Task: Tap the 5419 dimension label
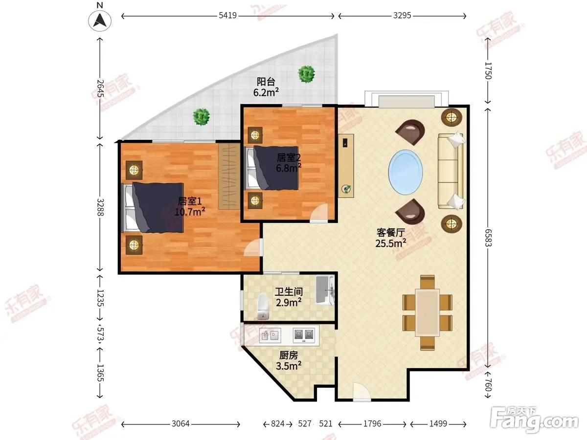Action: (x=227, y=16)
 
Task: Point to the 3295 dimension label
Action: (x=402, y=16)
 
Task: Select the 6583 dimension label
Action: (x=488, y=238)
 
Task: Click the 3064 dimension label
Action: (x=181, y=424)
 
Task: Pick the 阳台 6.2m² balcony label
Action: (x=266, y=87)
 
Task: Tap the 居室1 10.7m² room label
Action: (x=190, y=206)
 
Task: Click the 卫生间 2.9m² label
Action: (x=289, y=297)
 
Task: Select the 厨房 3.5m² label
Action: (x=289, y=360)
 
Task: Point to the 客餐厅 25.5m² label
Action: (x=391, y=238)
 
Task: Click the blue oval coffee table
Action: (x=406, y=172)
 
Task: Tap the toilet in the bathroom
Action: (x=263, y=307)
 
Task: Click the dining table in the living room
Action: (x=428, y=312)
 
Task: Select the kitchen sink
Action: (x=270, y=335)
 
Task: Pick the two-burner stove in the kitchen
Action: (x=304, y=335)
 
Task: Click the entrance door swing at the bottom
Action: (x=362, y=392)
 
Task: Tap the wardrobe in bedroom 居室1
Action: (x=229, y=176)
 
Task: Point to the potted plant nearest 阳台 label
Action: (x=307, y=74)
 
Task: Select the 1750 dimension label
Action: (x=488, y=70)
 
